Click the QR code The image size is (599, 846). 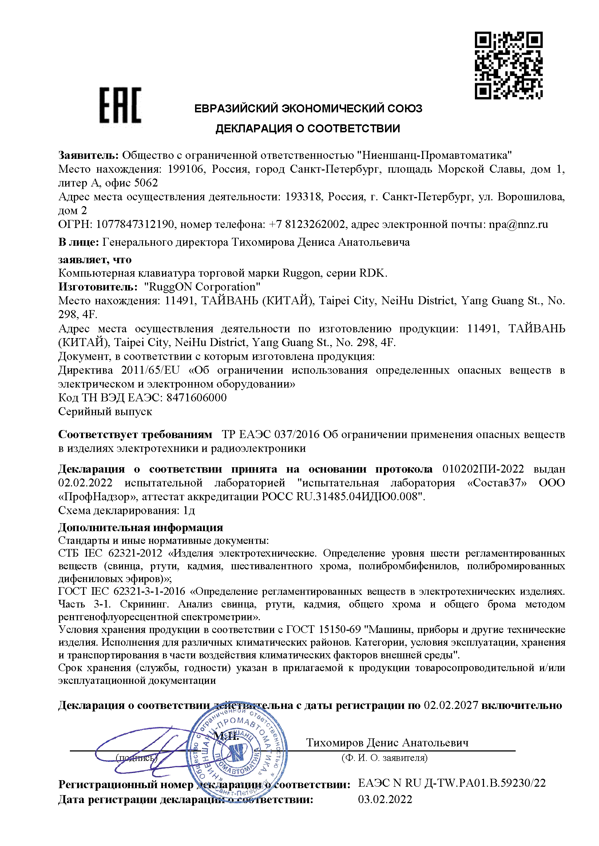[x=508, y=66]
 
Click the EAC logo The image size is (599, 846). [x=120, y=105]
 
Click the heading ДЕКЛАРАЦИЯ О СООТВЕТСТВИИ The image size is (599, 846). [x=308, y=129]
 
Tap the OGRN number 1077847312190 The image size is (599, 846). [x=135, y=224]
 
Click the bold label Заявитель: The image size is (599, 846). [x=88, y=156]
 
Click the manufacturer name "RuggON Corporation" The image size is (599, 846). [x=202, y=287]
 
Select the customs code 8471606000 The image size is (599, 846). [x=196, y=398]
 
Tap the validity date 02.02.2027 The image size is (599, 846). [x=451, y=705]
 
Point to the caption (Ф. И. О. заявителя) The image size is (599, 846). [x=384, y=758]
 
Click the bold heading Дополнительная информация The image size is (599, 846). [x=140, y=528]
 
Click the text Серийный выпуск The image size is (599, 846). [x=105, y=412]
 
